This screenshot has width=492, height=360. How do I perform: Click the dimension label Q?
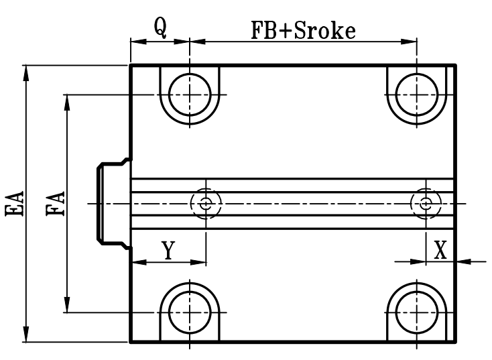(x=160, y=26)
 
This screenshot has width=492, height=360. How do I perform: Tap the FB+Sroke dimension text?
(x=302, y=31)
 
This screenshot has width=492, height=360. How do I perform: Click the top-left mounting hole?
(x=190, y=94)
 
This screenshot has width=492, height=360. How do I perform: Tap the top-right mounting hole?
(x=418, y=94)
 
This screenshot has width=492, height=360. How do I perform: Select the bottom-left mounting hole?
(x=190, y=312)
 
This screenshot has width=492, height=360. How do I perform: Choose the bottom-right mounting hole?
(x=418, y=312)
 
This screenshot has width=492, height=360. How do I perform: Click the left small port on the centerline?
(x=206, y=203)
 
